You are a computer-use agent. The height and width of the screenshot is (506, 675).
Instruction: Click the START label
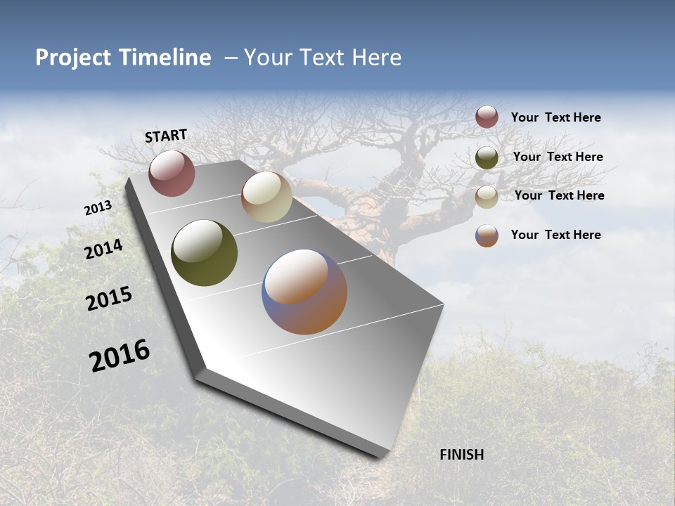click(166, 136)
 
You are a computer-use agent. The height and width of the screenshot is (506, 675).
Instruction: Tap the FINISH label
click(461, 455)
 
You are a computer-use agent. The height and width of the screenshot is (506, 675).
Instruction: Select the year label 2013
click(98, 208)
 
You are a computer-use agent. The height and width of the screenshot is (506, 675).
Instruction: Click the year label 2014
click(103, 249)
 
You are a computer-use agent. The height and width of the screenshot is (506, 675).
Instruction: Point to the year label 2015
click(109, 299)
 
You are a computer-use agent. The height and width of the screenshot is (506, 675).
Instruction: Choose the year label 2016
click(120, 355)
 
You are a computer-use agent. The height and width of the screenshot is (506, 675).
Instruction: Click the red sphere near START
click(172, 173)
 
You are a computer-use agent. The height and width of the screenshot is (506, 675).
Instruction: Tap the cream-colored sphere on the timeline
click(266, 197)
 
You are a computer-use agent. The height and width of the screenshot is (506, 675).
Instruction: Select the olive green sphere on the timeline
click(204, 253)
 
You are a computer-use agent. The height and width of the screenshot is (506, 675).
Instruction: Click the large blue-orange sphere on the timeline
click(304, 292)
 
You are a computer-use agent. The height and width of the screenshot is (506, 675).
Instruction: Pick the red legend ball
click(487, 117)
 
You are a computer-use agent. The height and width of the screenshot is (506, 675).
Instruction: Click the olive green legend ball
click(487, 157)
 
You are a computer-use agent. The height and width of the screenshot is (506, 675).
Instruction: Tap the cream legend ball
click(487, 197)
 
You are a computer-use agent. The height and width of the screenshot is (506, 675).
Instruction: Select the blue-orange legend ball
click(487, 235)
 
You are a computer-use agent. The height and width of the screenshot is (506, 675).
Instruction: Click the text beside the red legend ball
click(555, 117)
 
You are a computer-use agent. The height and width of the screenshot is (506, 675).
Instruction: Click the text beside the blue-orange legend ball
click(555, 235)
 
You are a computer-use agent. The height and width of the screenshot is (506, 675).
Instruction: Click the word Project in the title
click(73, 58)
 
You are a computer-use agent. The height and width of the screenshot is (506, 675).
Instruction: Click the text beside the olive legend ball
click(558, 157)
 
